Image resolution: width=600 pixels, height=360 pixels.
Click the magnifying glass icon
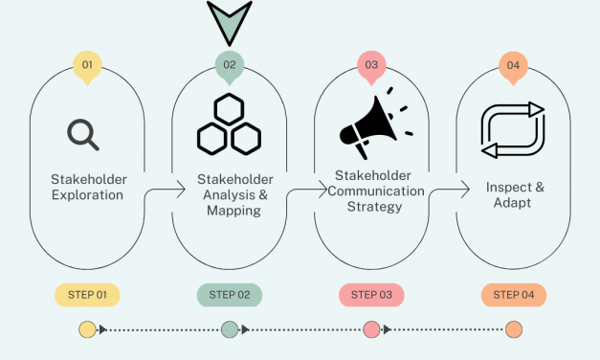(83, 135)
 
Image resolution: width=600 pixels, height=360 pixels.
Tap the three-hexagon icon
(229, 124)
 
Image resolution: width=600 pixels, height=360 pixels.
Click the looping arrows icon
(512, 131)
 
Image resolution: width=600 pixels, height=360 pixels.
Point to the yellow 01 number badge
(87, 66)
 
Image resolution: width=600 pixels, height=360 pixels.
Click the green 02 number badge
(229, 66)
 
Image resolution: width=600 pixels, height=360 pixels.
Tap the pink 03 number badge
(371, 66)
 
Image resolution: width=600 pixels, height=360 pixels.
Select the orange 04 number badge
(513, 66)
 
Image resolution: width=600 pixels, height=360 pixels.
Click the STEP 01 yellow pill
(87, 295)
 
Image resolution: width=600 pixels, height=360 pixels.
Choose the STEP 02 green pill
(229, 295)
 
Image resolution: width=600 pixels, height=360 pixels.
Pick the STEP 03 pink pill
(371, 295)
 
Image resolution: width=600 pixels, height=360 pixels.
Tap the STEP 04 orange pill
(513, 295)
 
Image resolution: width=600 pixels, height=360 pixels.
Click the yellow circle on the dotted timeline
(87, 330)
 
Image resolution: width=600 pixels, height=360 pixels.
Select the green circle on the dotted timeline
(229, 330)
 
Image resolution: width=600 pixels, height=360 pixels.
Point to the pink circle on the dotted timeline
(371, 330)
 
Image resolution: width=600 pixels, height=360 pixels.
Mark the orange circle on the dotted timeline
(514, 330)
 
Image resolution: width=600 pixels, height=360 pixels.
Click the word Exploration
(87, 195)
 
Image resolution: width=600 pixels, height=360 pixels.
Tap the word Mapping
(233, 211)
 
